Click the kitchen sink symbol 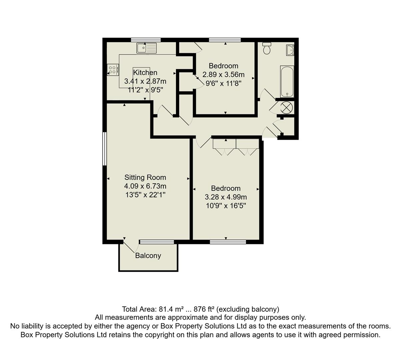click(x=146, y=48)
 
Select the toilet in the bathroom click(x=267, y=49)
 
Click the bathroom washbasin click(x=290, y=50)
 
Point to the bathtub click(x=287, y=81)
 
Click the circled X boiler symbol click(x=286, y=107)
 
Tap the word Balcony click(x=148, y=256)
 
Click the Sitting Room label click(x=145, y=177)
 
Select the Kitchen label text click(x=145, y=72)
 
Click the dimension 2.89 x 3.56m click(x=223, y=74)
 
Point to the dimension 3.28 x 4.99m click(x=226, y=197)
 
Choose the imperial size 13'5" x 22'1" click(x=145, y=195)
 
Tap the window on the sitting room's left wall click(x=104, y=149)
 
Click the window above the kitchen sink click(x=146, y=40)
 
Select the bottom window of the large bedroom click(x=228, y=242)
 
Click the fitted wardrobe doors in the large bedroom click(x=236, y=148)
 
